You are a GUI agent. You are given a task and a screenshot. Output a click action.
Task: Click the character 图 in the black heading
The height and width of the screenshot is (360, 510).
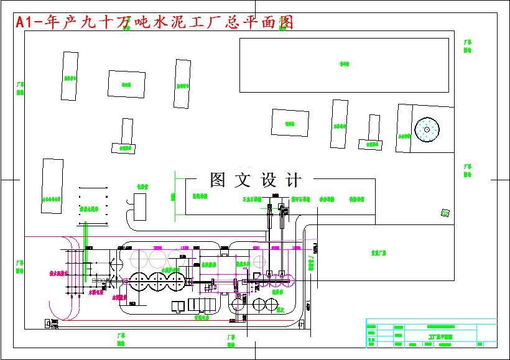click(x=218, y=180)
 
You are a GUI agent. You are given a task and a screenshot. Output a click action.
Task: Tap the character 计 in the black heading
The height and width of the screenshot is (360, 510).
click(x=293, y=180)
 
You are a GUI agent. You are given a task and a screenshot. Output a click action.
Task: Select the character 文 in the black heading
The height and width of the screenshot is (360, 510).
click(x=243, y=180)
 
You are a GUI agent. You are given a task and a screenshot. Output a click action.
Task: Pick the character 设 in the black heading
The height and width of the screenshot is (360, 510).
click(x=268, y=180)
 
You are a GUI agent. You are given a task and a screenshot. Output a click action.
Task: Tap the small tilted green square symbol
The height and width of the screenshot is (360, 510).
click(x=445, y=213)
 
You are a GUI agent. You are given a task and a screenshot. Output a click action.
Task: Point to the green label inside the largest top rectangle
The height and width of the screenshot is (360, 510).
click(x=344, y=64)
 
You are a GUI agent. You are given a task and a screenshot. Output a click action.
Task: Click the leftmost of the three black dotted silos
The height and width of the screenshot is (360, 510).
click(x=137, y=282)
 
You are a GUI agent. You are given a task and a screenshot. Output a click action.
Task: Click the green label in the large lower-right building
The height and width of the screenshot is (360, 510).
click(x=379, y=254)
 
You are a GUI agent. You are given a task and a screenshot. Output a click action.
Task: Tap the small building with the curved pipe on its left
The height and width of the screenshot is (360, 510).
click(x=140, y=206)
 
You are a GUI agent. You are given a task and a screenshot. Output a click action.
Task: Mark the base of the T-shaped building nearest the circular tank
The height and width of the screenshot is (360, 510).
click(x=370, y=144)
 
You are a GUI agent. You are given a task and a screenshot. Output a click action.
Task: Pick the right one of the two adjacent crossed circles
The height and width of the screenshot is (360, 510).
click(x=271, y=304)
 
